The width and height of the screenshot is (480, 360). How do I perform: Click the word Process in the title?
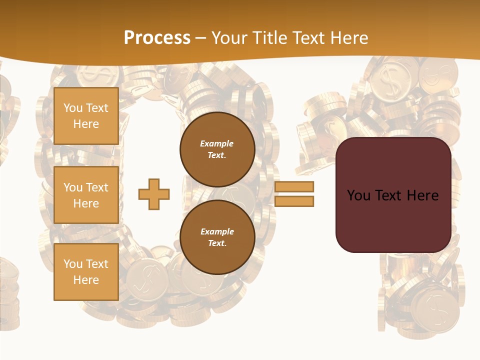tap(157, 38)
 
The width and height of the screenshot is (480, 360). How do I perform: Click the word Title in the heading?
tap(264, 38)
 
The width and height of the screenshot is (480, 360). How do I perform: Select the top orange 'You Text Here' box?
tap(86, 116)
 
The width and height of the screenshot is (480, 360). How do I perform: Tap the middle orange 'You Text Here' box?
tap(86, 195)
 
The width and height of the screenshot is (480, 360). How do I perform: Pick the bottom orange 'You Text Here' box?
tap(86, 272)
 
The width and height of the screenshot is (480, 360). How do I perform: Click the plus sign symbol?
tap(154, 194)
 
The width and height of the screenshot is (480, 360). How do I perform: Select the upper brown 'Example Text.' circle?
tap(217, 149)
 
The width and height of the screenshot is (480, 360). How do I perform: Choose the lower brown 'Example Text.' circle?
tap(217, 237)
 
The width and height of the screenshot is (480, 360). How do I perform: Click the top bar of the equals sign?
tap(294, 186)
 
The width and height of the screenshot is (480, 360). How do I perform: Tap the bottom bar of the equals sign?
tap(294, 201)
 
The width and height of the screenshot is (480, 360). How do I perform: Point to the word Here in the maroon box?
tap(422, 195)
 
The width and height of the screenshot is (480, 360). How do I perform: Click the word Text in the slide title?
tap(309, 38)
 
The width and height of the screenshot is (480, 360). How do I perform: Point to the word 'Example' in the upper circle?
tap(217, 143)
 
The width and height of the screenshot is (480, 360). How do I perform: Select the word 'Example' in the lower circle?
tap(217, 231)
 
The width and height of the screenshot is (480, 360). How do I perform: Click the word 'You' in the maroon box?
tap(358, 195)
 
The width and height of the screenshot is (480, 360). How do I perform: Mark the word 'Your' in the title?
tap(228, 38)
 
